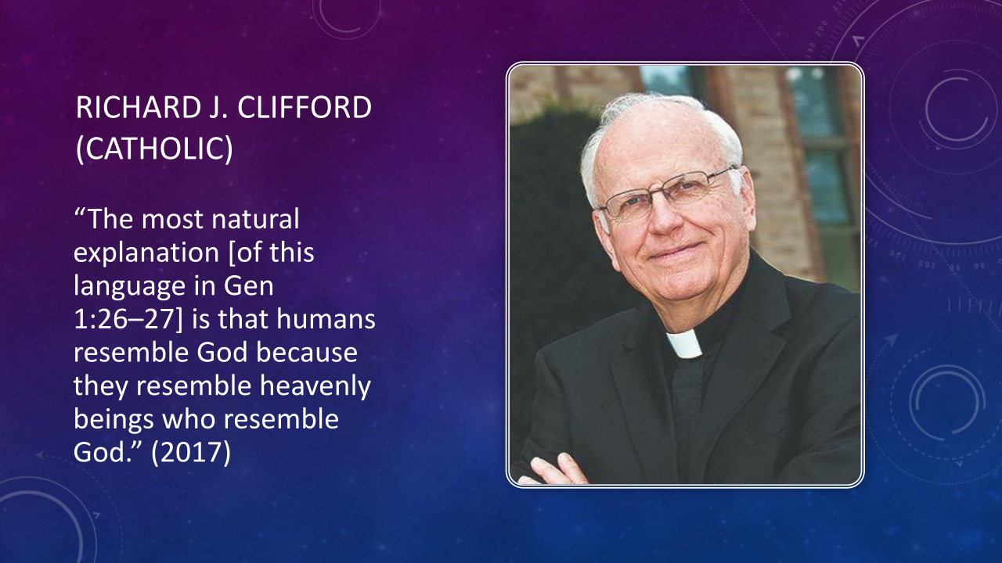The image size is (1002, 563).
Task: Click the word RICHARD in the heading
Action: coord(138,108)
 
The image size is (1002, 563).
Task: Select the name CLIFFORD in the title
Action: coord(305,108)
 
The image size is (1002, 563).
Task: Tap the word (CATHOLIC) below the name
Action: coord(154,148)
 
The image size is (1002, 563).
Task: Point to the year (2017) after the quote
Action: coord(191,452)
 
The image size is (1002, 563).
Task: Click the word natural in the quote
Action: coord(255,219)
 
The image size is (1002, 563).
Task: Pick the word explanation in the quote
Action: coord(146,253)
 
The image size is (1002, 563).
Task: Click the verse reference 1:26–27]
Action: coord(128,319)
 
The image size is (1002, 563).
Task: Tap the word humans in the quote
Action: coord(326,319)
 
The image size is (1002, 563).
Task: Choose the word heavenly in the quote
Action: coord(315,386)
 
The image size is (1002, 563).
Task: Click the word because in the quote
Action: coord(307,353)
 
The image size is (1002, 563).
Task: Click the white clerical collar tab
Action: coord(683,343)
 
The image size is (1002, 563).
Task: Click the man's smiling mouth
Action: coord(676,251)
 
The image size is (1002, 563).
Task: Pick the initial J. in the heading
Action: coord(218,108)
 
